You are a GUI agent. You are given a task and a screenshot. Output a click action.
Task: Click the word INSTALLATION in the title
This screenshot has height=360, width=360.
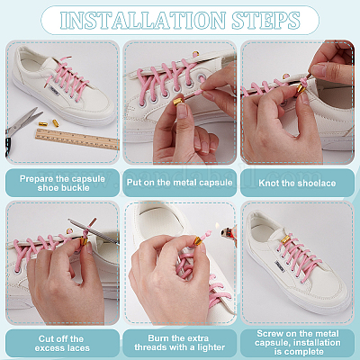point(142,21)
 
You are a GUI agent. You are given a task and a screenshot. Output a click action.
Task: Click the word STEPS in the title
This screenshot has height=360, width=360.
point(265,21)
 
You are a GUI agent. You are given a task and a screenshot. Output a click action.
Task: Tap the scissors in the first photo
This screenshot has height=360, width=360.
point(22,128)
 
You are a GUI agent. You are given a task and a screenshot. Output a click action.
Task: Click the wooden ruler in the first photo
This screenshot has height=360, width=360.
point(77,139)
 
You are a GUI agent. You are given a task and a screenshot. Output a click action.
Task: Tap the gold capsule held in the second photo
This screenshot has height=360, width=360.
point(177,102)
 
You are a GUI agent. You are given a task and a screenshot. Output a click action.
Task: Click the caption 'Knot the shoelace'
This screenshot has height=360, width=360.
point(297,183)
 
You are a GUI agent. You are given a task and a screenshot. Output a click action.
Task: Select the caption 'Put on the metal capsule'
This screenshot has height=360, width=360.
point(179,183)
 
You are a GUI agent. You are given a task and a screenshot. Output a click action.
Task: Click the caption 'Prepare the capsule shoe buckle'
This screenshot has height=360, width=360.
point(62,184)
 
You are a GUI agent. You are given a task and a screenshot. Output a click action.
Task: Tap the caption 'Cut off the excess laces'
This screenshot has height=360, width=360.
point(62,344)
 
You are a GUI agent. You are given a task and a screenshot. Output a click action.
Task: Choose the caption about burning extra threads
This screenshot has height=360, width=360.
point(179,343)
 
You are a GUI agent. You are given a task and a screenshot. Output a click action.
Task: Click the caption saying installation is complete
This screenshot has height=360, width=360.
point(298,342)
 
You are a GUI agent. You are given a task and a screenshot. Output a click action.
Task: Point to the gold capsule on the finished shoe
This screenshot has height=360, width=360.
point(285,239)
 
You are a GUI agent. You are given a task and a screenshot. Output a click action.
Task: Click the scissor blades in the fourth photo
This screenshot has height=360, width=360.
point(94,231)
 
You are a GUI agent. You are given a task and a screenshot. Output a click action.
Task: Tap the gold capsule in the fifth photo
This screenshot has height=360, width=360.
point(199,240)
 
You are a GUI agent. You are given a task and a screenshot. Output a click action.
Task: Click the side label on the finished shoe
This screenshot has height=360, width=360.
point(280,265)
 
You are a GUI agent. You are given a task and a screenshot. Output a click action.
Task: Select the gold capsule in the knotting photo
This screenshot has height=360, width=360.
point(301,88)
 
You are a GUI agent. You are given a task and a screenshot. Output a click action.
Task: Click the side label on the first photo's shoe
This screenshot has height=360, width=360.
point(55,91)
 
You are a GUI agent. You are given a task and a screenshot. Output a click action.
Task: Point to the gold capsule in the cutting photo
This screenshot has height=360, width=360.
point(84,241)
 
